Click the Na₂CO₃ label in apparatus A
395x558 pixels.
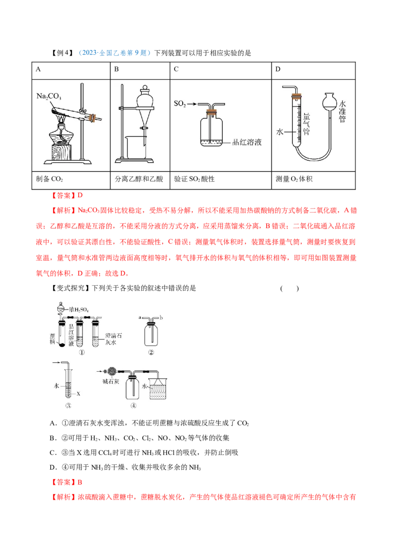pos(49,96)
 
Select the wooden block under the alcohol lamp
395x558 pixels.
pos(61,152)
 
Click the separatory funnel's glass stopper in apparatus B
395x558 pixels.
pos(145,88)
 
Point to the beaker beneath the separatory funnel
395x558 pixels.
pos(135,147)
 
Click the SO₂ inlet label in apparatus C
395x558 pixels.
pos(180,104)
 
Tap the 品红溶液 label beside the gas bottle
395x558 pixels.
pos(247,142)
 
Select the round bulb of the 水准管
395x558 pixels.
pos(329,103)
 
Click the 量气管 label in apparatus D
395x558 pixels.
pos(306,124)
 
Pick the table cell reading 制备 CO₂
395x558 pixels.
pos(71,180)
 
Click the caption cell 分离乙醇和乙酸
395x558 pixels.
pos(140,180)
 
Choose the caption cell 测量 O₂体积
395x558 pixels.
pos(314,180)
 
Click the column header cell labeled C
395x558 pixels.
pos(221,70)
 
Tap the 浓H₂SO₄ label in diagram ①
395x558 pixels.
pos(79,310)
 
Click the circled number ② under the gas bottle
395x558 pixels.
pos(151,352)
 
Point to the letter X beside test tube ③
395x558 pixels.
pos(79,393)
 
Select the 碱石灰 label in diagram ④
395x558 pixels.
pos(111,382)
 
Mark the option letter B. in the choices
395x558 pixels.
pos(53,438)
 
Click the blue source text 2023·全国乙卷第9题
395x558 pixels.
pos(114,53)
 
